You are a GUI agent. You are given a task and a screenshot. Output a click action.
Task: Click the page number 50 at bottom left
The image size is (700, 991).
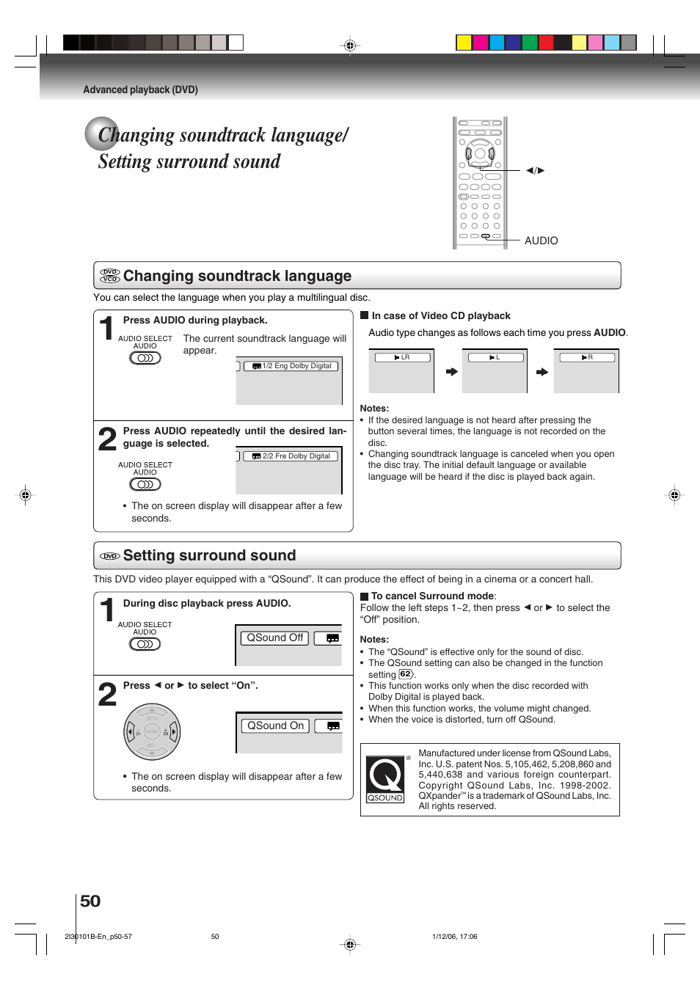(x=90, y=901)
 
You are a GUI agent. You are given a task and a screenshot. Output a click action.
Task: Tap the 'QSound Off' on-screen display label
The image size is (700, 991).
(x=274, y=638)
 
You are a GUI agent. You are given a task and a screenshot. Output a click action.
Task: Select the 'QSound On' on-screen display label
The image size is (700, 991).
(x=275, y=725)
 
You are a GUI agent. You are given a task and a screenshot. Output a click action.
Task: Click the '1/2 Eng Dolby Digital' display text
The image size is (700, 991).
(x=296, y=366)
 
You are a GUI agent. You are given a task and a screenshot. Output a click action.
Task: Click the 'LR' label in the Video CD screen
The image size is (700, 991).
(x=402, y=357)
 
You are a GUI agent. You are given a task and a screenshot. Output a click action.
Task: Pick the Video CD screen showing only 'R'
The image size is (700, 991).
(x=586, y=371)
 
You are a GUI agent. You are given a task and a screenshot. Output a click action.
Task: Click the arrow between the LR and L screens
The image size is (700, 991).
(x=452, y=372)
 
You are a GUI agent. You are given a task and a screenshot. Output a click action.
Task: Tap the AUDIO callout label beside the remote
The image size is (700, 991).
(x=541, y=241)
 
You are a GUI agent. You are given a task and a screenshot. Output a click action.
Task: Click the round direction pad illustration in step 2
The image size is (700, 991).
(x=152, y=732)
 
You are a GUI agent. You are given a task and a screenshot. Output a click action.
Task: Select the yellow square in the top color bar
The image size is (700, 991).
(x=464, y=43)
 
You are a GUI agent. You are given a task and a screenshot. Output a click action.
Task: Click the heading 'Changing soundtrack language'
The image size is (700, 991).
(x=237, y=276)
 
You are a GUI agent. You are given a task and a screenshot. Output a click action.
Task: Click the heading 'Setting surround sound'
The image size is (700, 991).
(x=209, y=555)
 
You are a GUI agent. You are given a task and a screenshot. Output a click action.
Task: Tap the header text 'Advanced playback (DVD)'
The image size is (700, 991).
(x=140, y=89)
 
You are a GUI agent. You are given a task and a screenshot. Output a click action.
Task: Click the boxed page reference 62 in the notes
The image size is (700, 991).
(x=405, y=674)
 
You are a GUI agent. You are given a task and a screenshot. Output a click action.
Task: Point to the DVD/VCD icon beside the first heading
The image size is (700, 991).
(x=110, y=276)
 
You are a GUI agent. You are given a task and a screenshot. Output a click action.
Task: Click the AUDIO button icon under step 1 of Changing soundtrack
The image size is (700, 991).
(x=145, y=358)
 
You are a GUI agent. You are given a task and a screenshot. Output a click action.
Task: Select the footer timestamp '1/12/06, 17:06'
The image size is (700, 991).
(x=454, y=937)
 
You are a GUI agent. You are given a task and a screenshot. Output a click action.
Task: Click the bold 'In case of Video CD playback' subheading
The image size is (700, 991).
(x=440, y=315)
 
